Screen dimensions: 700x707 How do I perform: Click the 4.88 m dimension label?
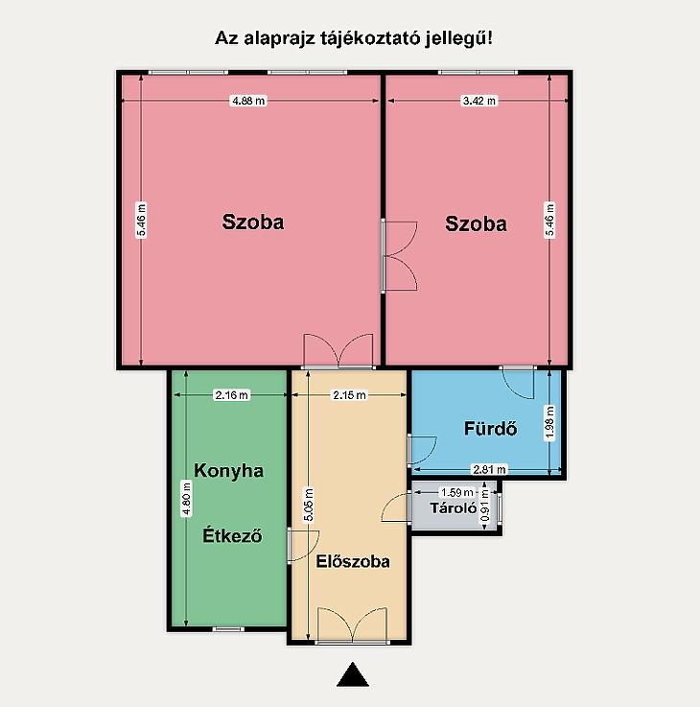[248, 101]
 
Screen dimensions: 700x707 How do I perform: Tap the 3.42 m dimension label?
[479, 101]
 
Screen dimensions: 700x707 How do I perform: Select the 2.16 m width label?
[231, 395]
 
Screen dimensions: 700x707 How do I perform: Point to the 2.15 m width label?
[349, 395]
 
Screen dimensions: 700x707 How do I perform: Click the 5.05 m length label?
[309, 505]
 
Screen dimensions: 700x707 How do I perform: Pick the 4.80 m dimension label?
[186, 498]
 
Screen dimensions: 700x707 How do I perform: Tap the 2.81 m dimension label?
[489, 469]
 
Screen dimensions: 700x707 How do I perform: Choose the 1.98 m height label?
[549, 421]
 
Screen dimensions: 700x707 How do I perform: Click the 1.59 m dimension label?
[457, 492]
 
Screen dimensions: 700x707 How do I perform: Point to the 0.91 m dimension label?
[485, 505]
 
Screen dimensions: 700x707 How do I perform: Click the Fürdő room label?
[490, 429]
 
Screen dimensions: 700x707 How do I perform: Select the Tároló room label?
[453, 508]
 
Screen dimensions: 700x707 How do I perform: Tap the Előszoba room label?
[353, 561]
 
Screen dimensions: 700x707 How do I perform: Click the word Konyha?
[228, 471]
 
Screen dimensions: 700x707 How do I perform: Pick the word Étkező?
[232, 535]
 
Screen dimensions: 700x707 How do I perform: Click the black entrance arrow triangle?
[353, 674]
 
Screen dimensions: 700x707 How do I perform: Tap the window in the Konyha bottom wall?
[228, 629]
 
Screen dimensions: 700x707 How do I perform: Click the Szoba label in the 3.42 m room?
[476, 224]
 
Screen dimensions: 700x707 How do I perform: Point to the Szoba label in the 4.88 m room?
[253, 222]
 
